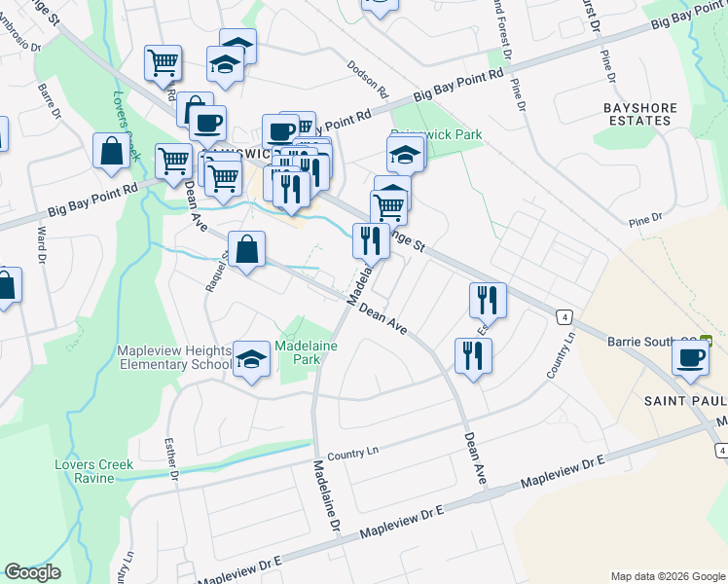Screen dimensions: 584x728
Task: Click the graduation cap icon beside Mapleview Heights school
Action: coord(252,359)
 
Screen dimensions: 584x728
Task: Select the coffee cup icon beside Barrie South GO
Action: coord(691,356)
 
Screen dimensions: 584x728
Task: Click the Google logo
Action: coord(32,572)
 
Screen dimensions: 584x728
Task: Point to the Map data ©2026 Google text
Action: coord(667,576)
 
